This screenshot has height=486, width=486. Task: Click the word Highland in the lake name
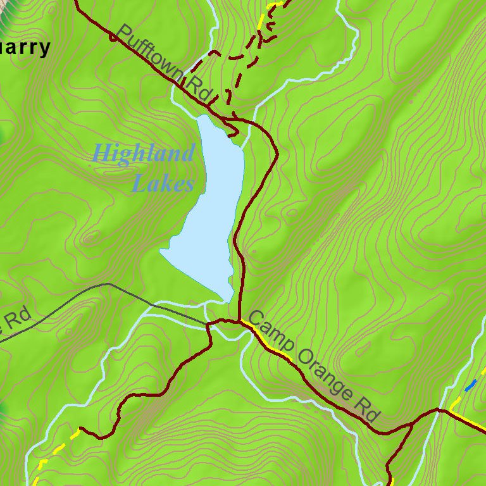(143, 153)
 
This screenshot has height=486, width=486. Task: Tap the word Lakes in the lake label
(163, 184)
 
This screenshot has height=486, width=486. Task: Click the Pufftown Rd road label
(163, 61)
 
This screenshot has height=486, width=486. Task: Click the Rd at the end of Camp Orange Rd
(367, 410)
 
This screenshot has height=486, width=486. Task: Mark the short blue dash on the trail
(470, 385)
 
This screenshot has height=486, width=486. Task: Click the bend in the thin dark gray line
(108, 284)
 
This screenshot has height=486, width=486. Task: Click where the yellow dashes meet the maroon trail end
(80, 430)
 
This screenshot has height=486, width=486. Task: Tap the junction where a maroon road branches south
(413, 423)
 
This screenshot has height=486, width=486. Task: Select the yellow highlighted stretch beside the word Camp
(266, 342)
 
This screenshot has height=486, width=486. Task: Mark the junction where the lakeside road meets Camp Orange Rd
(239, 321)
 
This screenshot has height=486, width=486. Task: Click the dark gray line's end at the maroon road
(208, 325)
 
